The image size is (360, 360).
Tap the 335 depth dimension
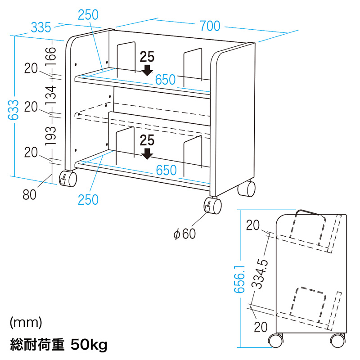coord(40,28)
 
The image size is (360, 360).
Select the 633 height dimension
coord(15,109)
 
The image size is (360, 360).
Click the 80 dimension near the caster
coord(29,194)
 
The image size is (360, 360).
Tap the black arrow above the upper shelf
coord(147,69)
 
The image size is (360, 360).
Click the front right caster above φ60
coord(213,206)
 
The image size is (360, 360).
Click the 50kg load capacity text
coord(89,346)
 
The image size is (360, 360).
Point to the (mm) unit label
coord(25,322)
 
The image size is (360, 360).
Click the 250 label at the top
coord(88,15)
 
